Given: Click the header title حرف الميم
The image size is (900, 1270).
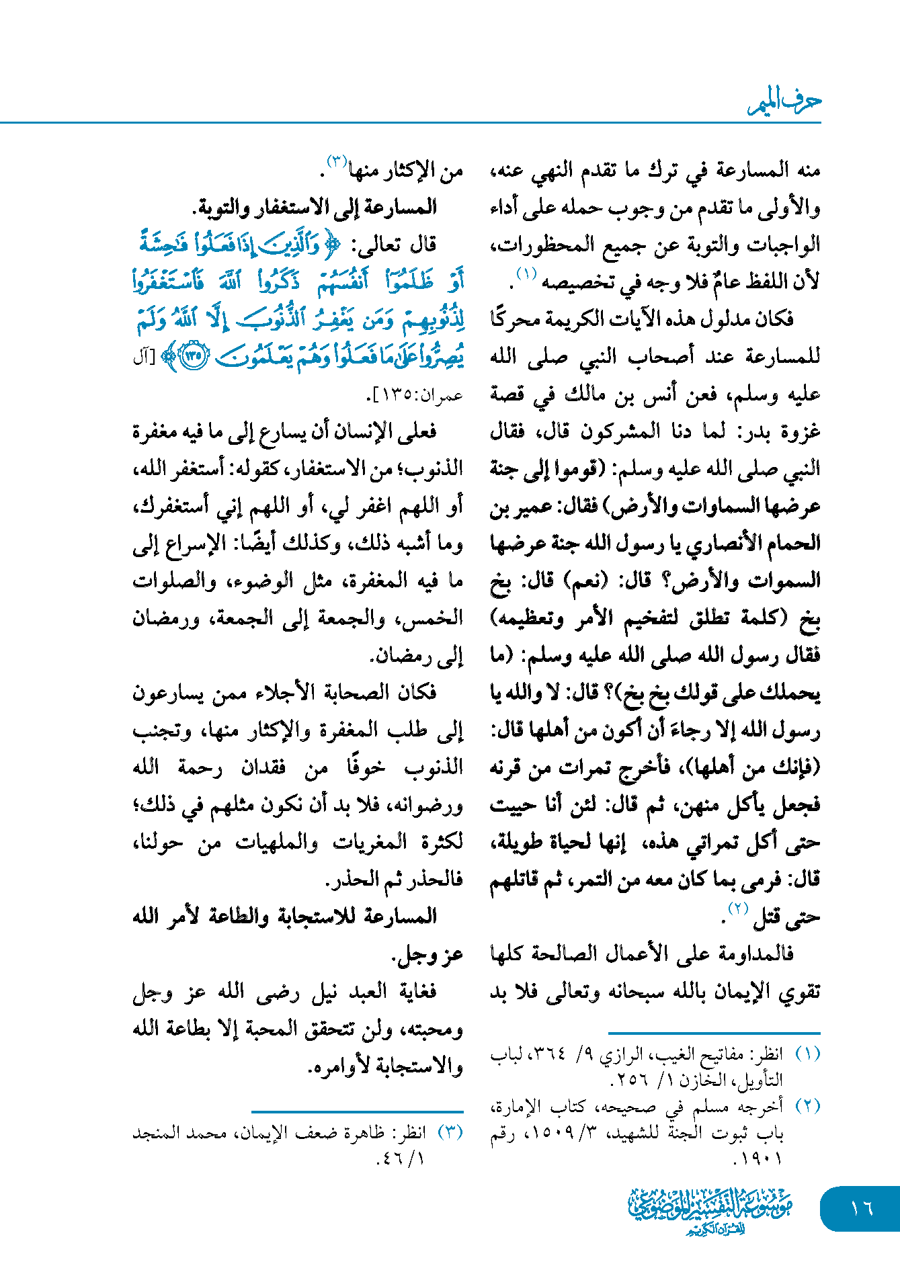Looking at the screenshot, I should pos(784,101).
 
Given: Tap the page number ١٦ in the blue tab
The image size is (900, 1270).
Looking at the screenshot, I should pos(861,1209).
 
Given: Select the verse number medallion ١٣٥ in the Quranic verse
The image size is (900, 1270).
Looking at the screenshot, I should pos(194,355).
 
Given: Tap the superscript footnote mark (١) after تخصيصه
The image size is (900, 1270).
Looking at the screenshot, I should pos(526,274).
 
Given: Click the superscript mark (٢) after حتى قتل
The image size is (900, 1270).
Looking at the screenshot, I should pos(738,909).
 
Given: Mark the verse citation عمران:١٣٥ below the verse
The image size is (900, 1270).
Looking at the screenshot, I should pos(417,395).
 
